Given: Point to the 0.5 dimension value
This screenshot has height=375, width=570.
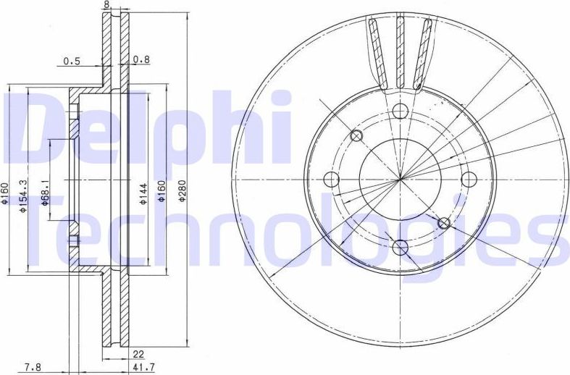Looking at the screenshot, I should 72,62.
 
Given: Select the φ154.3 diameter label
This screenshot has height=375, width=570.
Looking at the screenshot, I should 24,196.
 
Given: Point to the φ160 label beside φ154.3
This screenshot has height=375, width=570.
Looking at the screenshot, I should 5,193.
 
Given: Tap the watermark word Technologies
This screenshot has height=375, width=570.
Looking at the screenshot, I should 290,229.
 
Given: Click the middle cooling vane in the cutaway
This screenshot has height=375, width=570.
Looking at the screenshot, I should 399,51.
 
